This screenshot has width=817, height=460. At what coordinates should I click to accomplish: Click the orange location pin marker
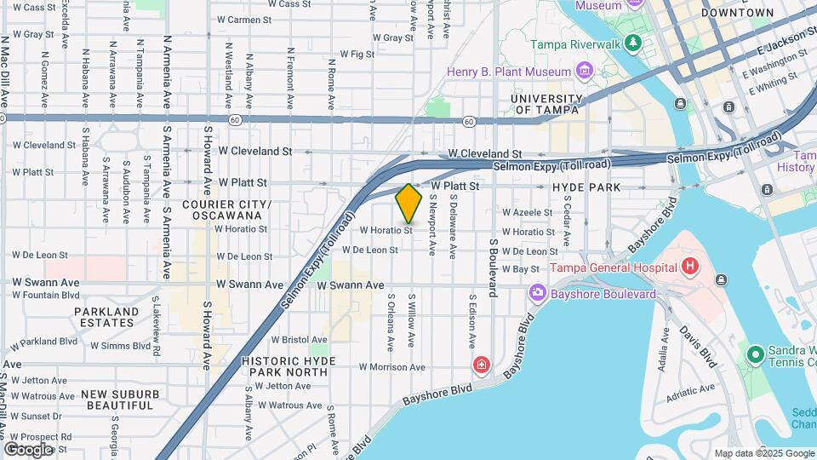(409, 204)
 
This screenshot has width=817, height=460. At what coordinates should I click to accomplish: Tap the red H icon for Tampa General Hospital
(690, 267)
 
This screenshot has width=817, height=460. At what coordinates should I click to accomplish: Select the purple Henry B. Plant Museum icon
(584, 69)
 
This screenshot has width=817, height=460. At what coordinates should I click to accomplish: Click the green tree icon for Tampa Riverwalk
(631, 43)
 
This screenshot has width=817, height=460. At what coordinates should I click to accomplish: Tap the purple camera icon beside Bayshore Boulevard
(537, 294)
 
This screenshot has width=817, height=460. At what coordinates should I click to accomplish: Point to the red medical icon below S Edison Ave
(483, 365)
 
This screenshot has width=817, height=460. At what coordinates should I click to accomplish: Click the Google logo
(28, 449)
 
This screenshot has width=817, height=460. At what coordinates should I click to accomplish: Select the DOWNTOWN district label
(738, 13)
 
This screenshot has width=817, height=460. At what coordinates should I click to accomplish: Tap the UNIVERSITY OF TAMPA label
(546, 104)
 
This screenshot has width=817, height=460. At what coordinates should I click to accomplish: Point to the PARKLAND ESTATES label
(106, 318)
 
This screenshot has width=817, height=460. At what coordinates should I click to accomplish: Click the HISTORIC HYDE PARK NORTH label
(289, 366)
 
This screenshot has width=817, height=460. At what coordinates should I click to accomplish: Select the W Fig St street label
(357, 54)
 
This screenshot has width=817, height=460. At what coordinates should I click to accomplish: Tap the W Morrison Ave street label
(391, 367)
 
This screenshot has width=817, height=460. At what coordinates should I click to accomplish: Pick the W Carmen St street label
(244, 19)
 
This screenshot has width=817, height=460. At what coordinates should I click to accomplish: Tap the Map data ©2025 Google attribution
(763, 453)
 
